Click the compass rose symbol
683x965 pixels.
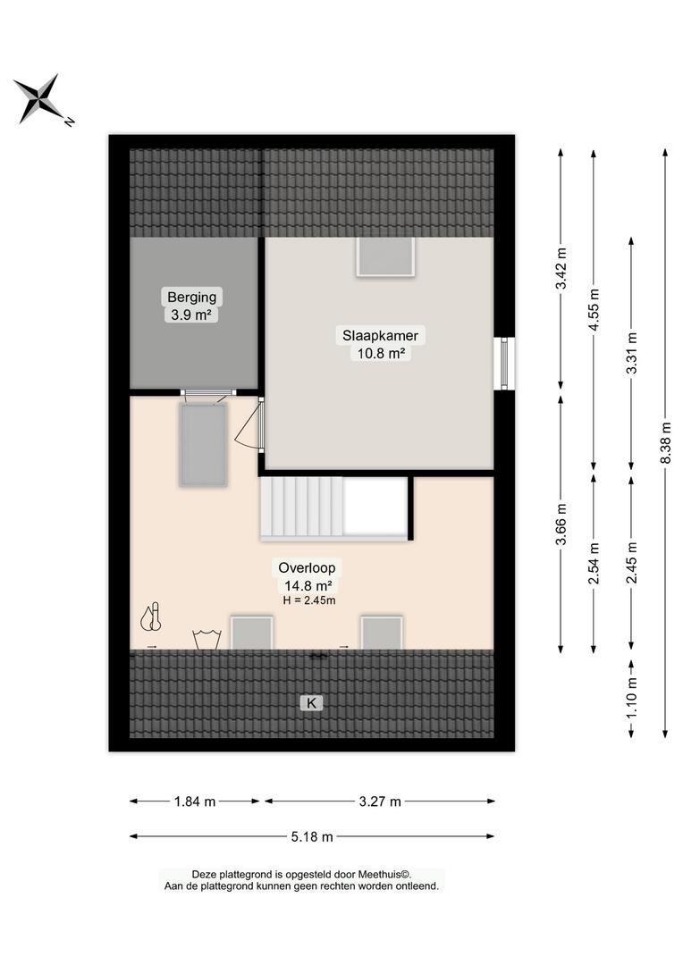(x=40, y=99)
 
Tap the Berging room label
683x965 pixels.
(x=192, y=298)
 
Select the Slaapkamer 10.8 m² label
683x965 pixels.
(x=381, y=344)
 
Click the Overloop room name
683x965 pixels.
(x=307, y=568)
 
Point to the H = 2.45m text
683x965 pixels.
(x=309, y=600)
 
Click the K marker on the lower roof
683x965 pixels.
(x=312, y=702)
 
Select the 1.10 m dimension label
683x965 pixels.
(x=631, y=697)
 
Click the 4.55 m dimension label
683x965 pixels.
(x=594, y=310)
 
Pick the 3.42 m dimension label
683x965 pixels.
(x=561, y=268)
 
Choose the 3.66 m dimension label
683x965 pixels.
(x=561, y=524)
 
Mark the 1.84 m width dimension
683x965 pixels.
(x=195, y=801)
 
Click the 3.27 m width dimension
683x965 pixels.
(x=380, y=801)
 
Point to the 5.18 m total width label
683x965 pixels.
(x=312, y=836)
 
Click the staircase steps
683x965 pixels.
(x=302, y=508)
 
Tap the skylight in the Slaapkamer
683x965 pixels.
(x=385, y=256)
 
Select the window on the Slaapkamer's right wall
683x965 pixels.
(x=505, y=363)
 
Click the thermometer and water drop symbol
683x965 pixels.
(x=151, y=617)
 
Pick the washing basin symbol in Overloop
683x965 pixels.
(x=207, y=640)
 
